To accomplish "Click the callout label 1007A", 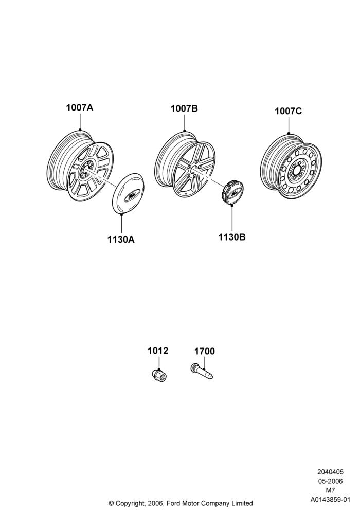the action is tap(80, 107).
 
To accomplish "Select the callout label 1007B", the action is tap(184, 108).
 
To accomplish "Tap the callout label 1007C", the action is tap(288, 112).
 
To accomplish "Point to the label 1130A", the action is tap(121, 240).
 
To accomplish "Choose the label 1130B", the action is tap(232, 237).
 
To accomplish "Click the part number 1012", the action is tap(158, 351).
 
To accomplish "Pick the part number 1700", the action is tap(205, 352).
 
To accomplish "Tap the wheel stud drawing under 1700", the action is tap(202, 372).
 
